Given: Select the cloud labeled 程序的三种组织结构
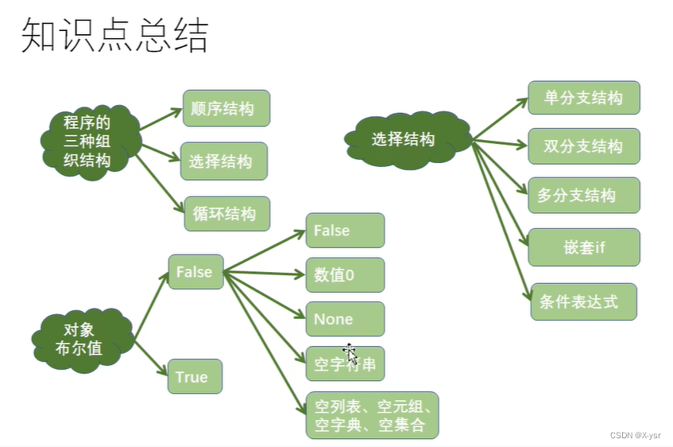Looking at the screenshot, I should point(87,142).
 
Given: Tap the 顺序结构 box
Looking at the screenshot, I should point(226,109).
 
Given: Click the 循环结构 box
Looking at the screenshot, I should point(226,213).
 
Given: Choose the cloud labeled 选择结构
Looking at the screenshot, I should point(404,139).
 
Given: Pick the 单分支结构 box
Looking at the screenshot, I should point(583,98).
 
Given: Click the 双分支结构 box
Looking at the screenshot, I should point(583,146).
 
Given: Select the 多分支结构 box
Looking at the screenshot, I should point(583,195).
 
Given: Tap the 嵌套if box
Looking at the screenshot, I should point(583,247).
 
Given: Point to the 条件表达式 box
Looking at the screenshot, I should point(583,301).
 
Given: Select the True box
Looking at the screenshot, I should point(194,376).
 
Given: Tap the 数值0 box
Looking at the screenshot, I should point(345,275).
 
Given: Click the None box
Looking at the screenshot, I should point(345,319).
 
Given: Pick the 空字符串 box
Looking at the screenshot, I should point(345,364).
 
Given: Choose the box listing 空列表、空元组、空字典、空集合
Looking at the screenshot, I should point(371,415).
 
